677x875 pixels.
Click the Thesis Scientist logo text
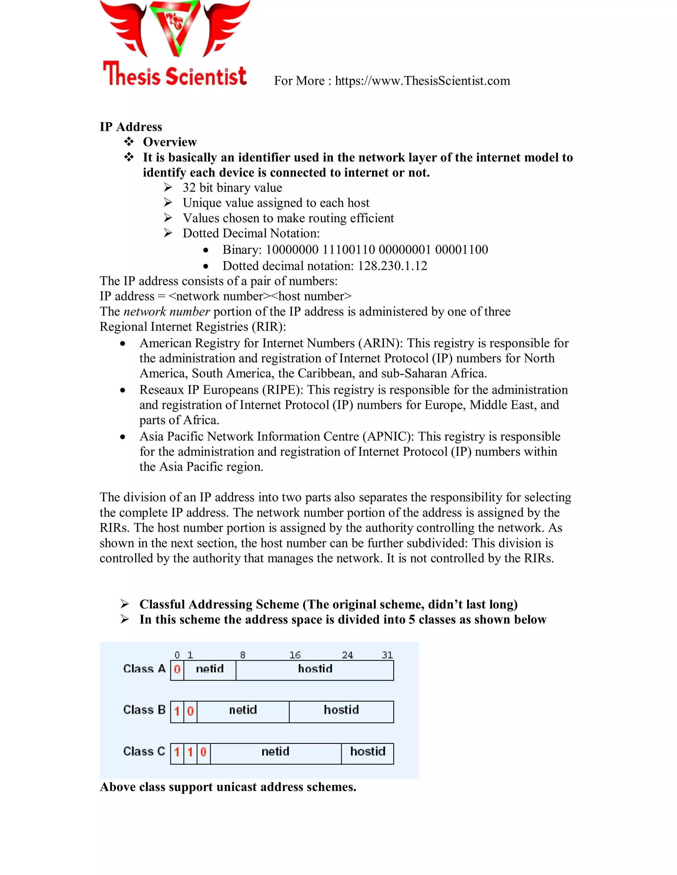pos(175,75)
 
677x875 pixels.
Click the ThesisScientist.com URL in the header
pos(422,81)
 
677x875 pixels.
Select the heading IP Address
pos(131,127)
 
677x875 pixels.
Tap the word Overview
pos(170,142)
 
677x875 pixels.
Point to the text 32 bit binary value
pos(232,188)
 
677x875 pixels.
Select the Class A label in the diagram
pos(144,669)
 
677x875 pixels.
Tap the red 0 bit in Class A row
pos(177,669)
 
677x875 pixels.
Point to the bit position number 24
pos(347,655)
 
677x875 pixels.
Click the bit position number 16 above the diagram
pos(295,655)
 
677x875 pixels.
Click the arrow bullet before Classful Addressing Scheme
pos(125,604)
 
